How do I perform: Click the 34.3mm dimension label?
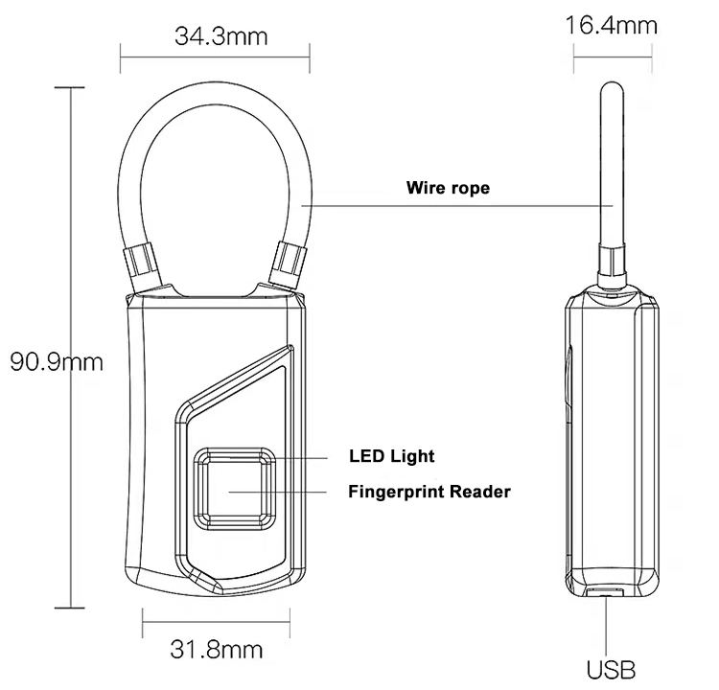click(x=221, y=36)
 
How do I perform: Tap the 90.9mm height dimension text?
click(x=57, y=362)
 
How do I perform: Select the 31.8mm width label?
click(x=217, y=649)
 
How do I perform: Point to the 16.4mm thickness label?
click(x=612, y=25)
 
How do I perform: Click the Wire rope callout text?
click(x=448, y=188)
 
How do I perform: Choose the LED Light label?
click(x=391, y=456)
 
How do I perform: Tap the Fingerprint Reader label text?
click(x=429, y=492)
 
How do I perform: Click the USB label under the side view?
click(x=612, y=670)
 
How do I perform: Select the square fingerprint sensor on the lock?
click(x=234, y=490)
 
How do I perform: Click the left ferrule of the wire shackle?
click(x=142, y=264)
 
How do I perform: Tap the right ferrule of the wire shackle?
click(x=289, y=264)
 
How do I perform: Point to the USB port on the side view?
click(x=605, y=591)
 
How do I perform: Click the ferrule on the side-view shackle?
click(x=612, y=264)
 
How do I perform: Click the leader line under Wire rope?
click(x=456, y=206)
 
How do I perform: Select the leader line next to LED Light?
click(x=279, y=457)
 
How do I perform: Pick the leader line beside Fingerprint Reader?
click(x=277, y=492)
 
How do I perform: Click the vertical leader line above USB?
click(x=606, y=626)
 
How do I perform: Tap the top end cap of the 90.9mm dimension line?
click(x=70, y=87)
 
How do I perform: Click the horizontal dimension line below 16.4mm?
click(x=613, y=57)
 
